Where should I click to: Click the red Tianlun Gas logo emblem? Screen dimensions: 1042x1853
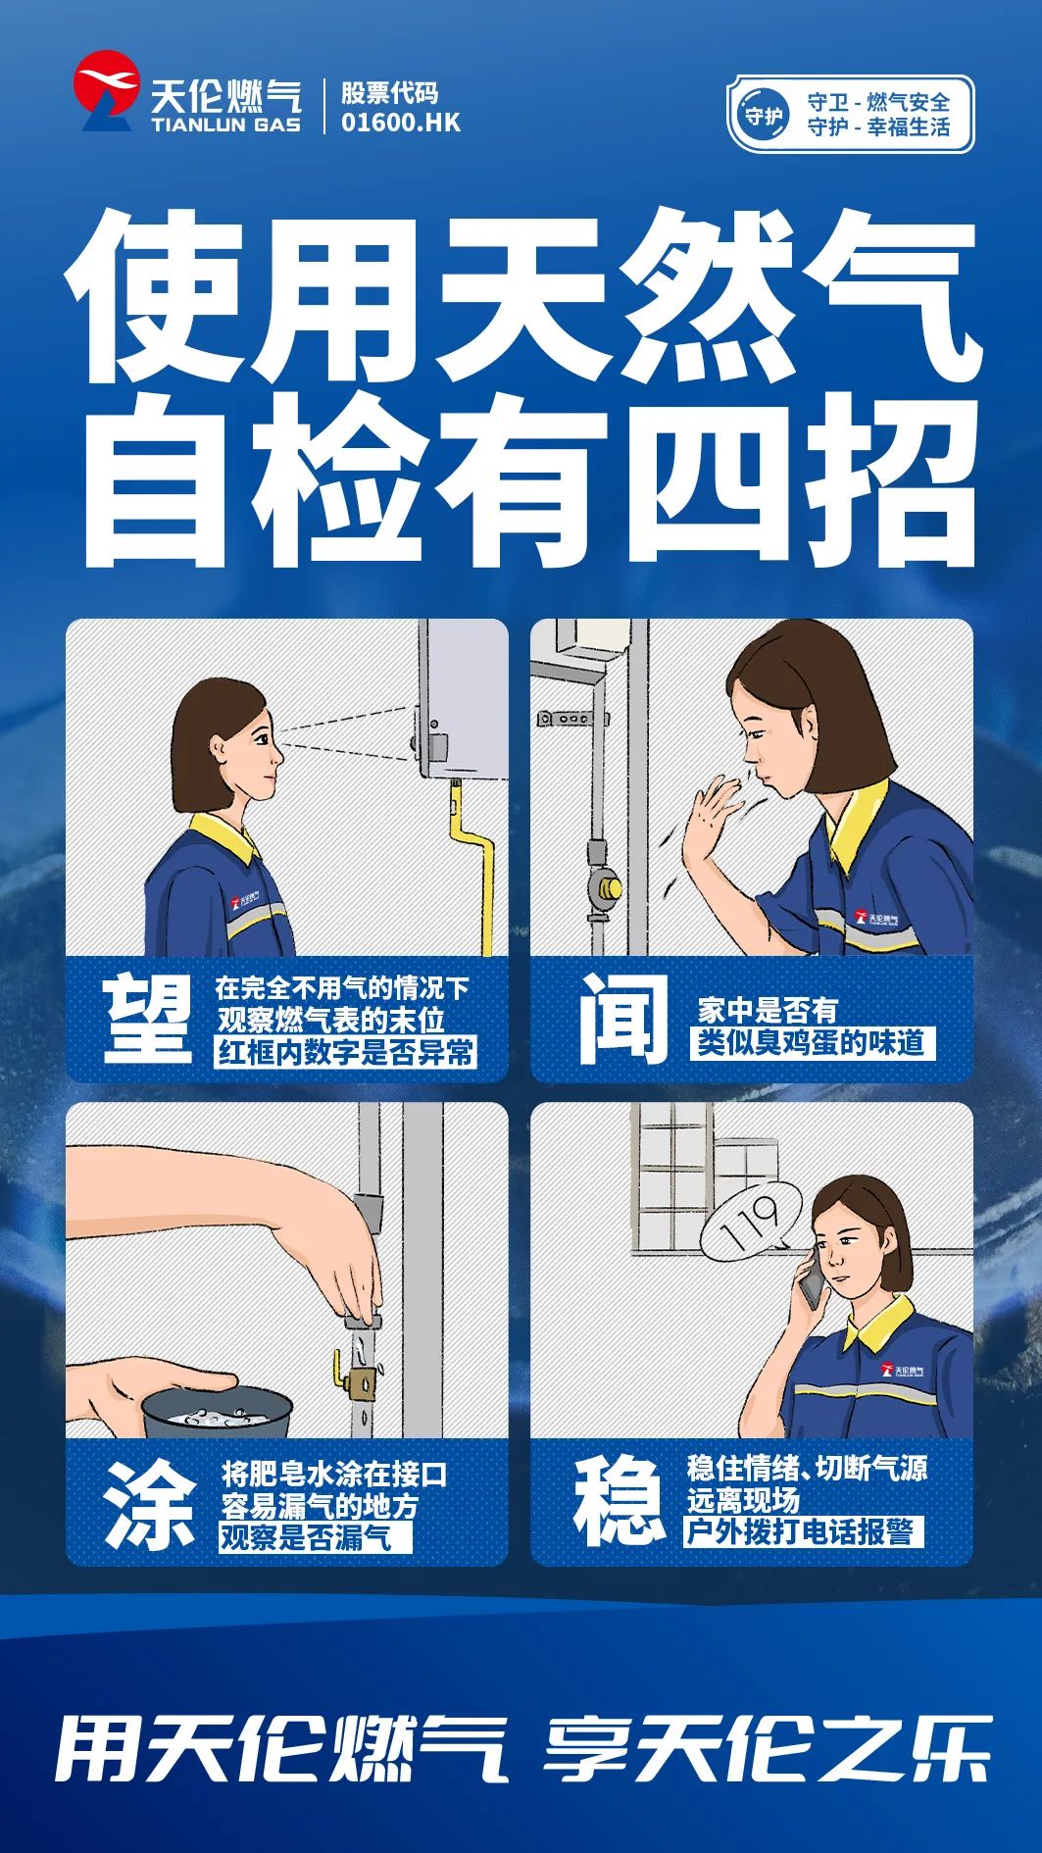[x=105, y=90]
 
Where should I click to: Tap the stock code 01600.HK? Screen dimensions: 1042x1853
[x=400, y=123]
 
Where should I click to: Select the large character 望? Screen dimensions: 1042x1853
[x=148, y=1020]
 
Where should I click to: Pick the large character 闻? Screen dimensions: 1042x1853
[x=622, y=1019]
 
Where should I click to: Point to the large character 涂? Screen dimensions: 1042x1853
[x=151, y=1504]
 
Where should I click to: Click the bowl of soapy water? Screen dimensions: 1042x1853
[x=217, y=1410]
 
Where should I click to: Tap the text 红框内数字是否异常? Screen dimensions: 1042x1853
[x=346, y=1053]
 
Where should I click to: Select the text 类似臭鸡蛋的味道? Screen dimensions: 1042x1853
[x=812, y=1042]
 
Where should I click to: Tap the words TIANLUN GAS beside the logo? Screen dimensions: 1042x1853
[x=225, y=125]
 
